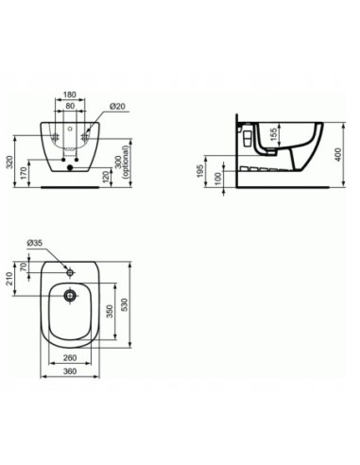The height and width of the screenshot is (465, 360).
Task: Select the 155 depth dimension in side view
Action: coord(273,135)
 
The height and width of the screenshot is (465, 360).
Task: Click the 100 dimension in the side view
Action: coord(219,177)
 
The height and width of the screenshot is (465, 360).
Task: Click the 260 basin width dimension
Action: coord(68,359)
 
